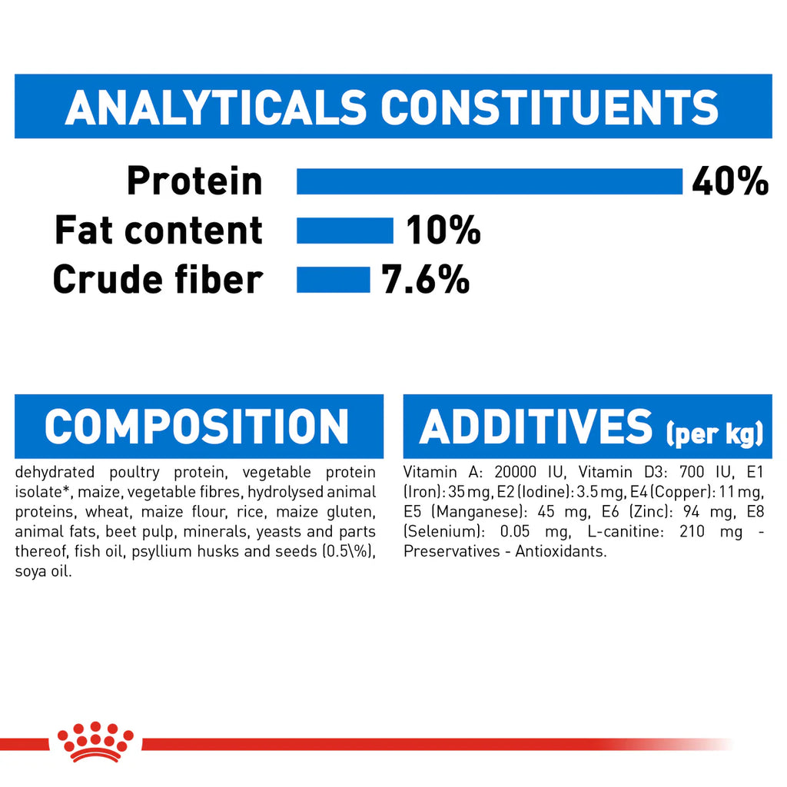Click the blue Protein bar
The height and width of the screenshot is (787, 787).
[490, 181]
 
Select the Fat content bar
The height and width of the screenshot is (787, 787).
[344, 231]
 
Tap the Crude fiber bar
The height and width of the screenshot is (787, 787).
[333, 279]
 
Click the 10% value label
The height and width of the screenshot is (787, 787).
[443, 231]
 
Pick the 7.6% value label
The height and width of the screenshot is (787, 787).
[425, 279]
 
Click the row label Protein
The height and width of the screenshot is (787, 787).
[194, 181]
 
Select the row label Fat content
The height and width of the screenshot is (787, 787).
[158, 231]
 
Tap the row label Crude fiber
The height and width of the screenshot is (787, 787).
[158, 279]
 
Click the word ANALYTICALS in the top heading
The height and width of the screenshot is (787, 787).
[216, 108]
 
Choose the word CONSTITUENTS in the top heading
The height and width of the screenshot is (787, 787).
[550, 108]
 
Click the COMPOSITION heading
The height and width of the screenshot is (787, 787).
[197, 427]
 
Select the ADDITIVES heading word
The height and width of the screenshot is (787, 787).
[535, 427]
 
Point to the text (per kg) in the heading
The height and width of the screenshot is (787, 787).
[714, 434]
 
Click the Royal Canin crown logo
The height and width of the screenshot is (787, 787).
[95, 741]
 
